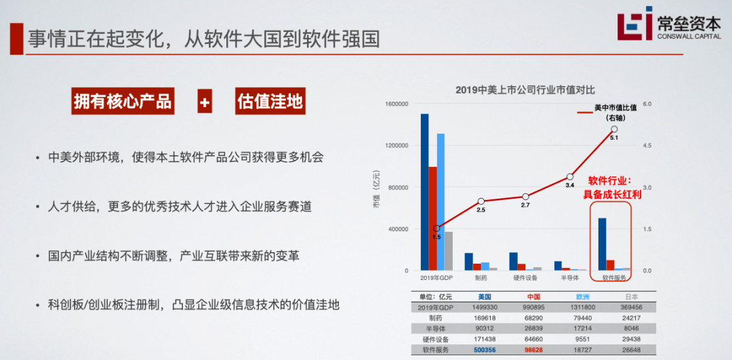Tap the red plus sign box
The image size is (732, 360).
[205, 102]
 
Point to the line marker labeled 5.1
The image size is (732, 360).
[614, 129]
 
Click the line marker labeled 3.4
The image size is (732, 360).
[570, 176]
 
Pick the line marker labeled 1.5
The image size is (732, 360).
[436, 228]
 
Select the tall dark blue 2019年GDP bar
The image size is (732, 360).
[424, 192]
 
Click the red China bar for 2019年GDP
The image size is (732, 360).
[432, 218]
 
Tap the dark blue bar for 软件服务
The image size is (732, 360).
[602, 244]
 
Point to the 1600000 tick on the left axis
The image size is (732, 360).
[396, 104]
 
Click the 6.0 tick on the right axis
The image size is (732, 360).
[647, 104]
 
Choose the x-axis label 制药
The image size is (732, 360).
[481, 277]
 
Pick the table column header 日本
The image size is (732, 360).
[631, 296]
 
